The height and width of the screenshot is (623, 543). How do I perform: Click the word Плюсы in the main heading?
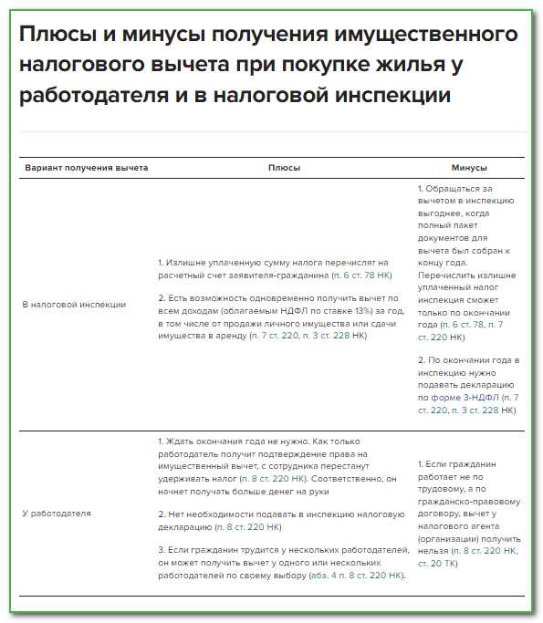coord(54,36)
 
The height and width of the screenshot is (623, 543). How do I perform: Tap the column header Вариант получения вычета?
coord(86,168)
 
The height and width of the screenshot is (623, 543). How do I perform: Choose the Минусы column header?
coord(469,168)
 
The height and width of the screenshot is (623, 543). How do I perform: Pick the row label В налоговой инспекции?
coord(74,304)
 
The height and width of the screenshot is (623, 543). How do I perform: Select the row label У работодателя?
coord(57,513)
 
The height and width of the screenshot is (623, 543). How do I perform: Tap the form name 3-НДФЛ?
coord(478,398)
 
